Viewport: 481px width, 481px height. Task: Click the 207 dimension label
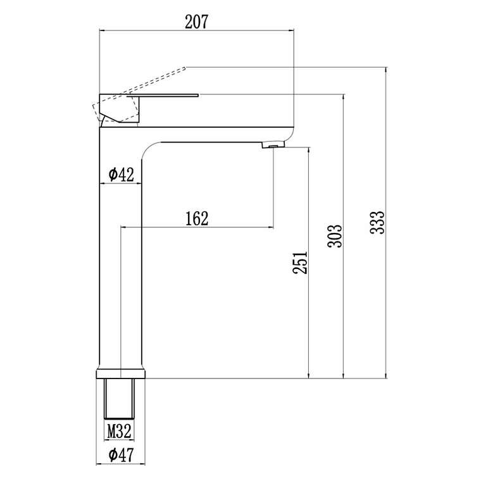pyautogui.click(x=196, y=22)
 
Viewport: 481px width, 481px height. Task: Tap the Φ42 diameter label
pyautogui.click(x=122, y=175)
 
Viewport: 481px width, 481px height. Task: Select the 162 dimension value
pyautogui.click(x=197, y=218)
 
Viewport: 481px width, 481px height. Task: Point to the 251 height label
pyautogui.click(x=300, y=263)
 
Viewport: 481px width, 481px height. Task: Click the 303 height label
pyautogui.click(x=334, y=236)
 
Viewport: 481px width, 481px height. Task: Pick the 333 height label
pyautogui.click(x=377, y=223)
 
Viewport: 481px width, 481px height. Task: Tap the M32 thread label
pyautogui.click(x=120, y=431)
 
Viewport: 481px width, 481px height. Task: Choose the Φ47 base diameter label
pyautogui.click(x=121, y=455)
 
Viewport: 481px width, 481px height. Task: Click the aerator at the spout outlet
pyautogui.click(x=273, y=144)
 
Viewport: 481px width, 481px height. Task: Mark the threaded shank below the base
pyautogui.click(x=120, y=399)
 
